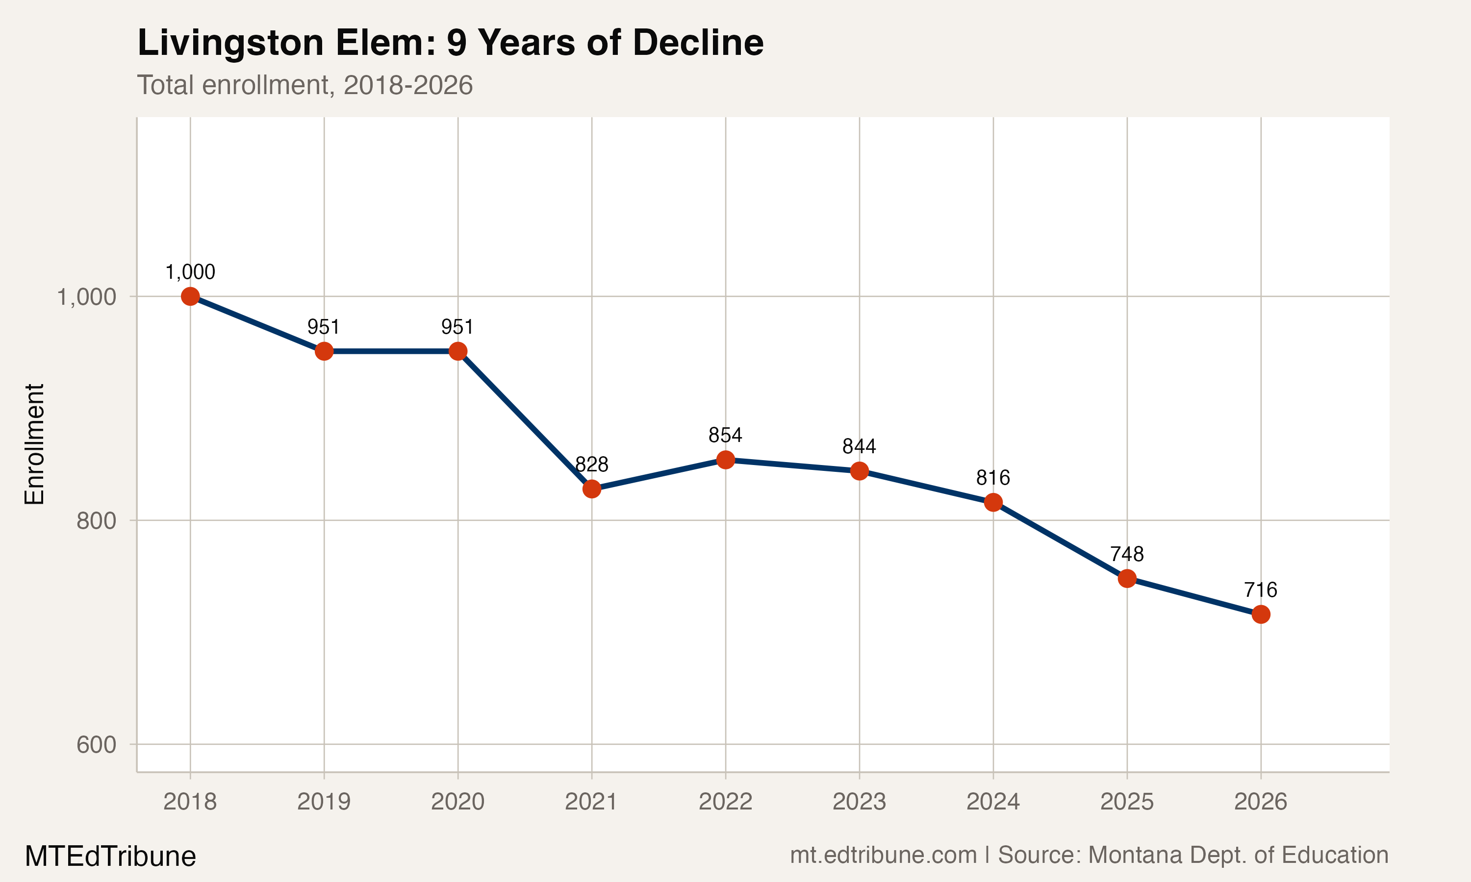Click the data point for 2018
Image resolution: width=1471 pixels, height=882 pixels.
coord(190,296)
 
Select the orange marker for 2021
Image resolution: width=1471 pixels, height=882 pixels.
coord(592,489)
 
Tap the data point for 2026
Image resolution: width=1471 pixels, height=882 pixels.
coord(1261,614)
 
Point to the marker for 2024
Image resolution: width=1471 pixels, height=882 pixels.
coord(993,502)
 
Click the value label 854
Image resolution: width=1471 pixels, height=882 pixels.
coord(725,436)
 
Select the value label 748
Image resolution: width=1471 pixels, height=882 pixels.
coord(1127,554)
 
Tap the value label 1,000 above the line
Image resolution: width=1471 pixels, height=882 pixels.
coord(190,272)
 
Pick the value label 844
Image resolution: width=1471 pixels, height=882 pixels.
coord(859,446)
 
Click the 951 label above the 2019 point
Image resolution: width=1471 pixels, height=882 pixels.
coord(324,327)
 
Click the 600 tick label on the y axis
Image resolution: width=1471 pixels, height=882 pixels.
coord(96,745)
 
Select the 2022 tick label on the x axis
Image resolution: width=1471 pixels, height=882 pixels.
coord(725,802)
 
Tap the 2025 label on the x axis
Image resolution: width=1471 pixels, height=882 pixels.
coord(1127,802)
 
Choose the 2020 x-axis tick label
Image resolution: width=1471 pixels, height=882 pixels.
coord(458,802)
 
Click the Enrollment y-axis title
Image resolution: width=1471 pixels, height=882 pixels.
coord(34,444)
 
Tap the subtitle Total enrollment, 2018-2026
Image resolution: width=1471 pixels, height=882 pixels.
coord(305,85)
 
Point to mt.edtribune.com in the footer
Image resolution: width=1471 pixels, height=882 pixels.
coord(883,855)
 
